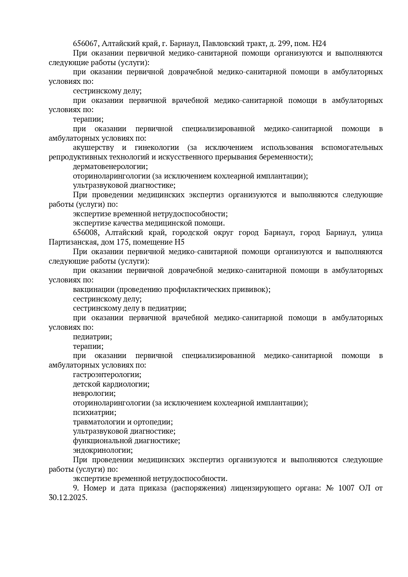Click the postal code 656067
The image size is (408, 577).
[85, 44]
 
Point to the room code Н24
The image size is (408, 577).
[319, 44]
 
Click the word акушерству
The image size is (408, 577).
[93, 148]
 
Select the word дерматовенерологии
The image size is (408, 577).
[110, 167]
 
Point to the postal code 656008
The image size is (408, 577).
[85, 233]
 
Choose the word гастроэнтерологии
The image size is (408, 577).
[107, 375]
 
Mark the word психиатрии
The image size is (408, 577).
[94, 413]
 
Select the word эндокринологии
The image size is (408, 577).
[102, 450]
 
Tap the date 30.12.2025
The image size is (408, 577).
[67, 498]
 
